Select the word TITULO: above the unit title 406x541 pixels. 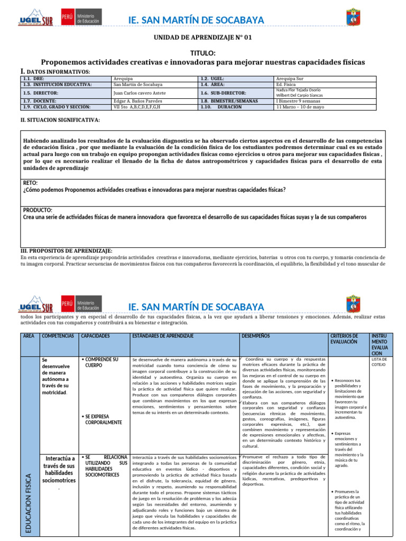(202, 54)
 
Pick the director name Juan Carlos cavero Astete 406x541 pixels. (139, 92)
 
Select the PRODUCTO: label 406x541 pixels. (37, 210)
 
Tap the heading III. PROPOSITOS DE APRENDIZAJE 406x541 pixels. (66, 250)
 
